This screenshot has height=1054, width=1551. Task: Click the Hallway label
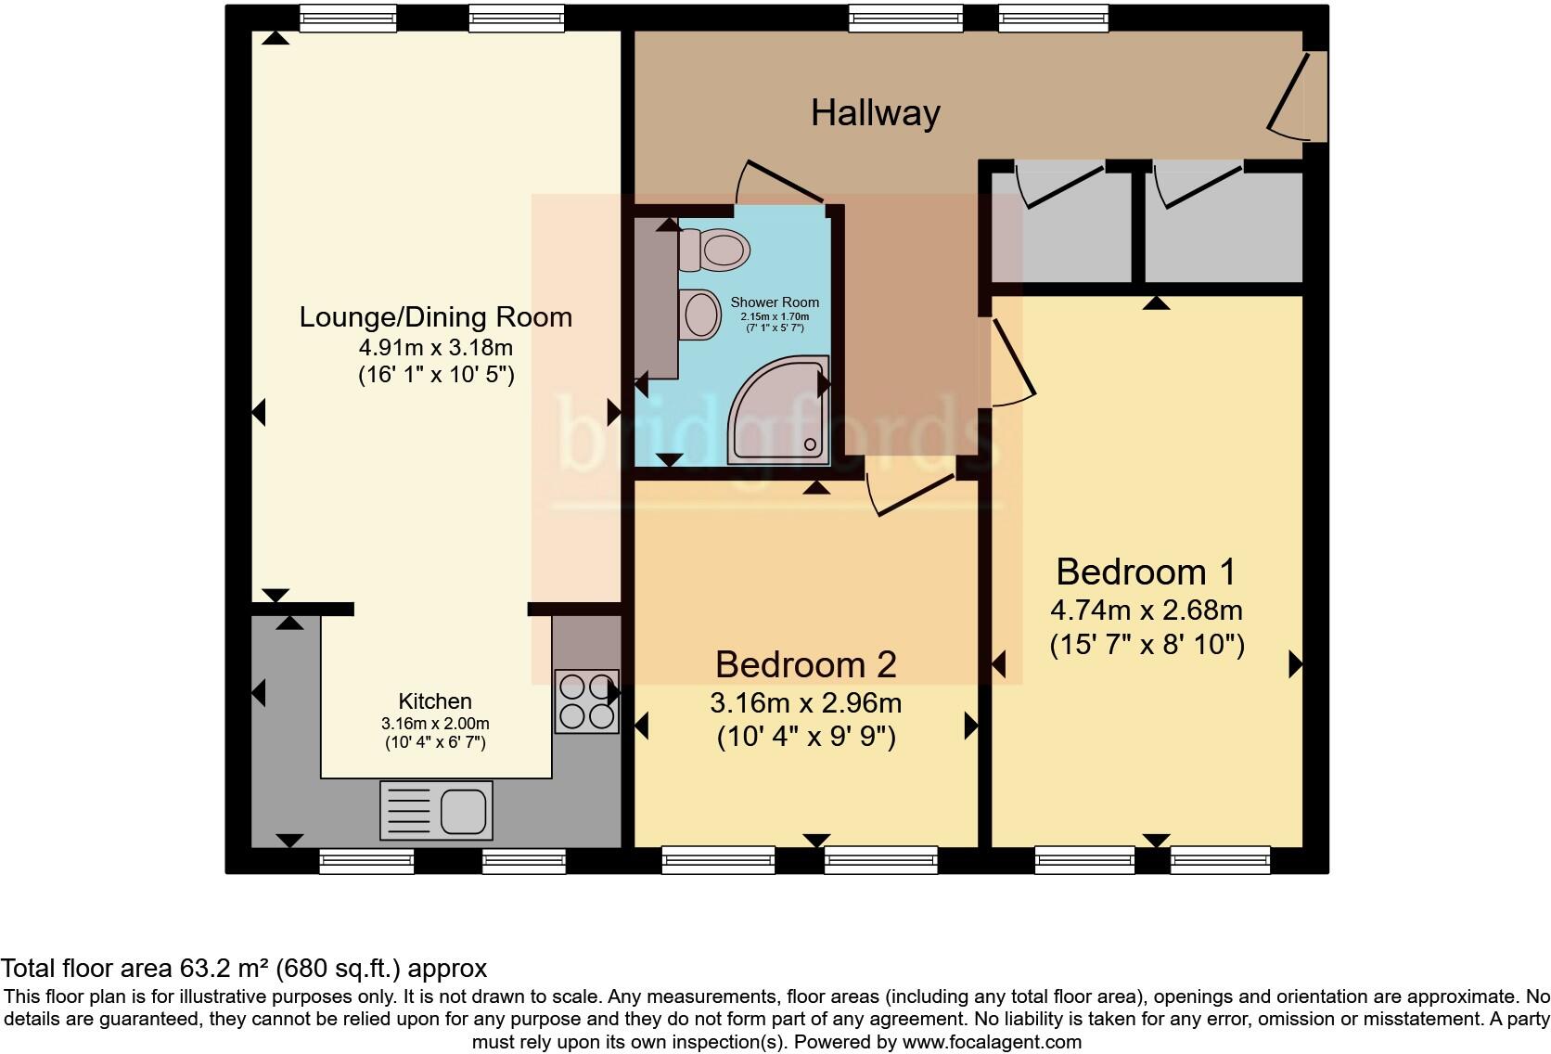tap(875, 113)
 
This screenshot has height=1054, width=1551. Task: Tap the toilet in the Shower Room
tap(716, 250)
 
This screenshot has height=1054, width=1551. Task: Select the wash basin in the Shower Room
tap(700, 315)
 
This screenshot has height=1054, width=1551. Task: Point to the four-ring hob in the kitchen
tap(586, 701)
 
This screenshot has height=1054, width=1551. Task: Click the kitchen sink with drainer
tap(436, 810)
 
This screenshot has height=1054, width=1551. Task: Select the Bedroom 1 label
tap(1146, 572)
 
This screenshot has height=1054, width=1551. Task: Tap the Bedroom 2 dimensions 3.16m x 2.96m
tap(805, 702)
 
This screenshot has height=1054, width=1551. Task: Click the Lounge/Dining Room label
tap(435, 317)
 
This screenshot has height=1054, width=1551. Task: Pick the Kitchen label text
tap(435, 701)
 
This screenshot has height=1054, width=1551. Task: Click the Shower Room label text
tap(775, 302)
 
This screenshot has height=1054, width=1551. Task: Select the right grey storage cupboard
tap(1223, 225)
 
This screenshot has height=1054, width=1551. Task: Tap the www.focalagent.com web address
tap(991, 1042)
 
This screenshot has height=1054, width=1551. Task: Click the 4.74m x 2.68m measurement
tap(1146, 611)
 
